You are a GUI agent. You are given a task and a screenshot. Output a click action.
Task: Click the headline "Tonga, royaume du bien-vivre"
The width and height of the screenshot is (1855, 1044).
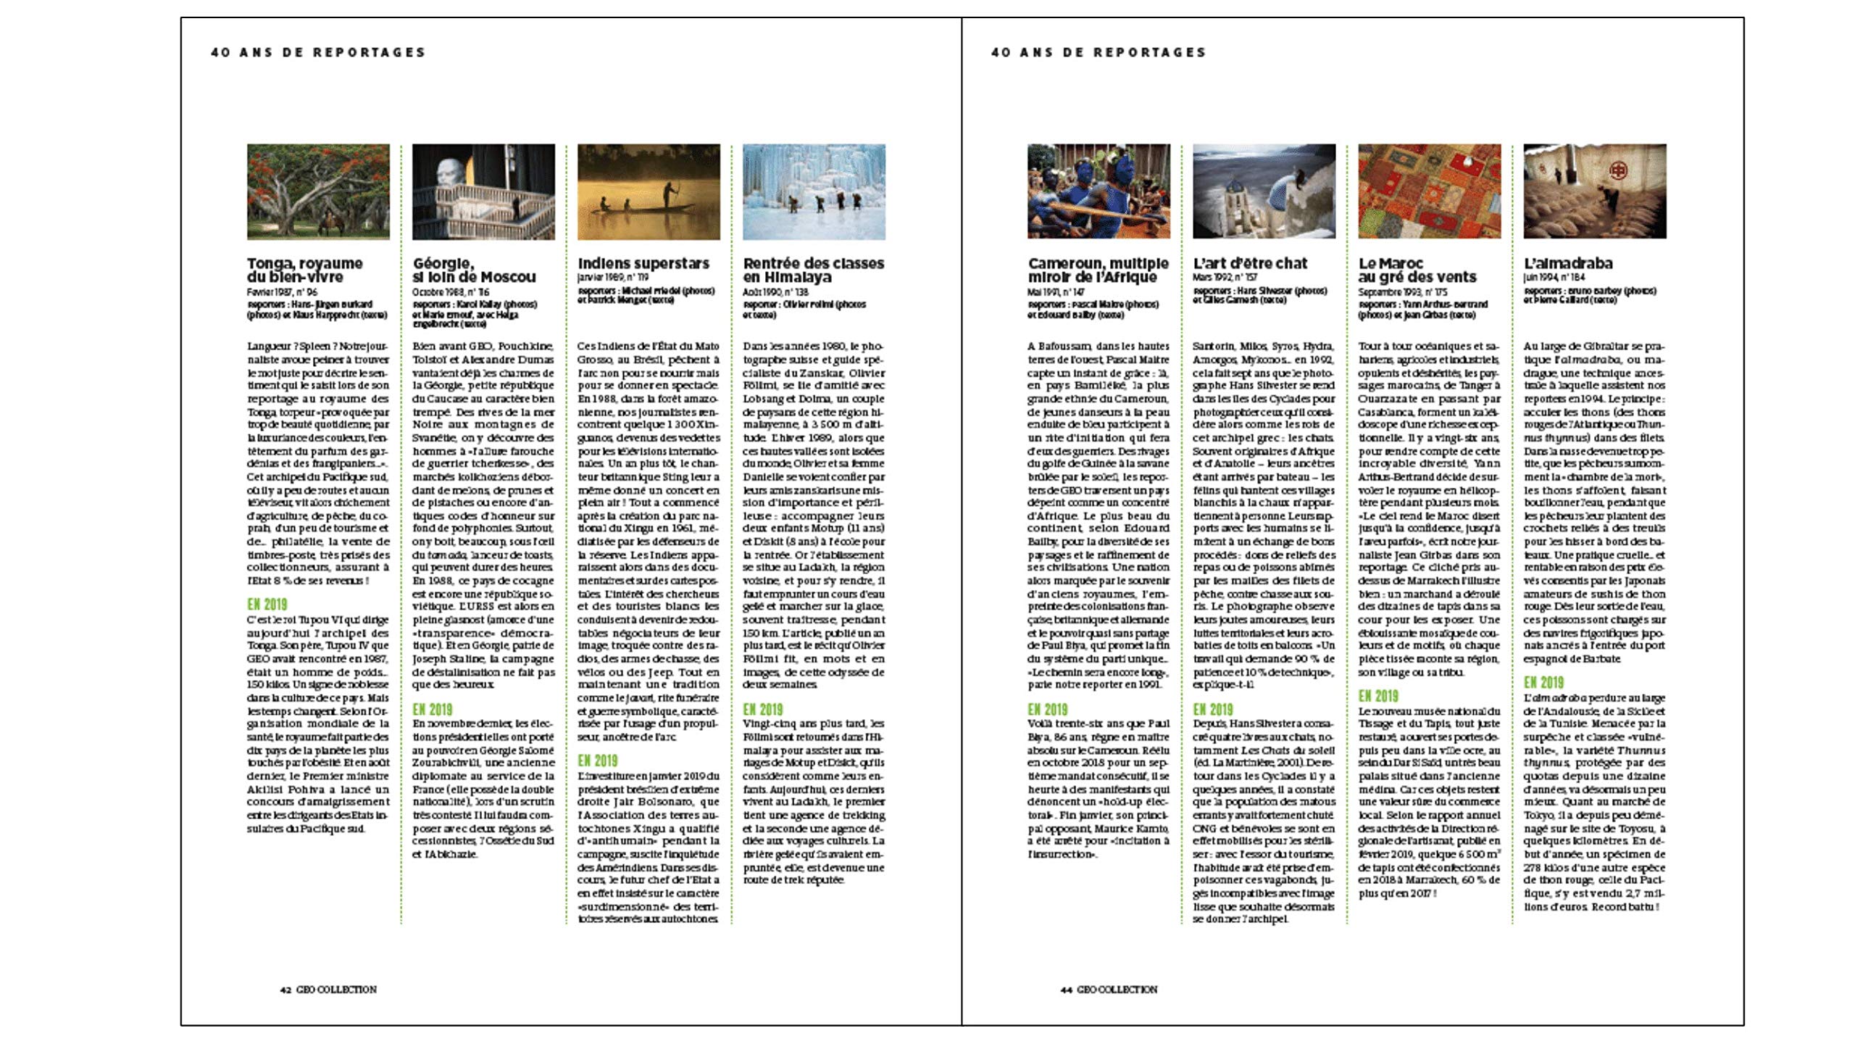[x=305, y=270]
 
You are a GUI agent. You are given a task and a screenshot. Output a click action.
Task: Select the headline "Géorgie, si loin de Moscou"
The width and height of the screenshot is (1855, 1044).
[x=474, y=270]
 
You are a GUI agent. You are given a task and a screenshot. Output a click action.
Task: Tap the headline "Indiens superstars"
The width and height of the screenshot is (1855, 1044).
[x=643, y=263]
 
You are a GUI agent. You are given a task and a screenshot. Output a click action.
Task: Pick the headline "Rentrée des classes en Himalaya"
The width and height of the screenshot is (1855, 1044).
[x=813, y=270]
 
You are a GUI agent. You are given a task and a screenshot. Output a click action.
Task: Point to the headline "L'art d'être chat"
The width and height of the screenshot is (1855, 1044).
[x=1250, y=263]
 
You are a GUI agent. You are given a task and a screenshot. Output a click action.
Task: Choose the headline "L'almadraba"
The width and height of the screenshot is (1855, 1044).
[x=1568, y=263]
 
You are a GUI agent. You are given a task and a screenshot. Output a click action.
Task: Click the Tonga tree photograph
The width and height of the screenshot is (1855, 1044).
[x=318, y=191]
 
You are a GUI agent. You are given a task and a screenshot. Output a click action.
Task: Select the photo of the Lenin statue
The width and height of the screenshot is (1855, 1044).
[x=483, y=191]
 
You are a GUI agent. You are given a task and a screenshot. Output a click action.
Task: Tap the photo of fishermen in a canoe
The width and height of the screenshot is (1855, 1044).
[x=649, y=191]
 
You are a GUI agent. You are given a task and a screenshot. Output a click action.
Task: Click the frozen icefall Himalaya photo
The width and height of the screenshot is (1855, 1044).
[x=814, y=191]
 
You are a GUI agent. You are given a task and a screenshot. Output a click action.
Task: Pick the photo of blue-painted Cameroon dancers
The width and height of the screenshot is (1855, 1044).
[x=1099, y=191]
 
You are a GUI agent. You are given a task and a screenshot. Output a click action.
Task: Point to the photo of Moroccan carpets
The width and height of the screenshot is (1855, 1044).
[x=1429, y=191]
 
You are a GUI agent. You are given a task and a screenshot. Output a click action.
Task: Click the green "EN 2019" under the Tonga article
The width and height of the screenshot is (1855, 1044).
[x=267, y=604]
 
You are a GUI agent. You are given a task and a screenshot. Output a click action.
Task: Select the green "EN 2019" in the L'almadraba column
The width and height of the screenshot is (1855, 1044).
[x=1543, y=682]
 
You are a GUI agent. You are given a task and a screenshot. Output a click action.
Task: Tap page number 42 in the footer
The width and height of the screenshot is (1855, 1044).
[x=285, y=990]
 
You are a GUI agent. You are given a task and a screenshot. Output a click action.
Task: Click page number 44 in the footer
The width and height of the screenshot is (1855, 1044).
[x=1066, y=990]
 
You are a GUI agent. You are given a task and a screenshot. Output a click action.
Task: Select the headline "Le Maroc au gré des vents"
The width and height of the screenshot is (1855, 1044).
[x=1417, y=270]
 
